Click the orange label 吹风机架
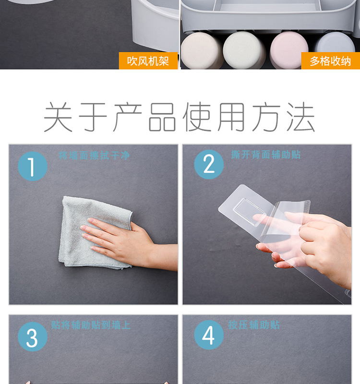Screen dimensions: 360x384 148,61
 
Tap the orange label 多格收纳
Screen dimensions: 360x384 330,61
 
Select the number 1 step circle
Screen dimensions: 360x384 32,166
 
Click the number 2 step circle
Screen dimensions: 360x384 209,164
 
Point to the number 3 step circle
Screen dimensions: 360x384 32,337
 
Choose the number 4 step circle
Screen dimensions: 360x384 209,335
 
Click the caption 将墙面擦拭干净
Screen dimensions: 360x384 94,156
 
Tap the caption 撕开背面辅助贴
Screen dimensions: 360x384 266,155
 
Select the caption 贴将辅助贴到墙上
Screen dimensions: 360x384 91,325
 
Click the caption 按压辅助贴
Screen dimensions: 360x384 254,325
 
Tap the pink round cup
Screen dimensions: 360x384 288,50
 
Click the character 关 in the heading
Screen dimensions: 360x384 58,117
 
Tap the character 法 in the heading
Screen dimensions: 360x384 301,117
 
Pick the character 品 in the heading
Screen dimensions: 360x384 162,117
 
